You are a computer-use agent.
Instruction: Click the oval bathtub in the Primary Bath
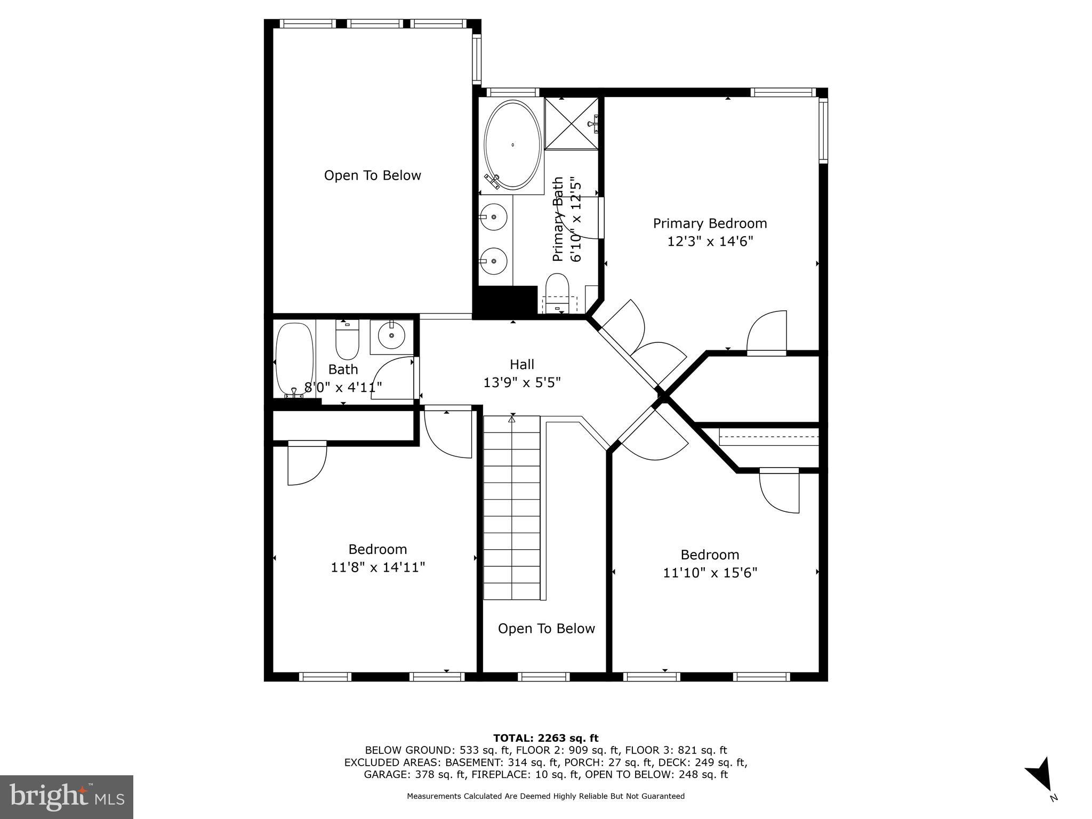click(x=512, y=144)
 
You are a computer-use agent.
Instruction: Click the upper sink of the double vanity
click(x=494, y=217)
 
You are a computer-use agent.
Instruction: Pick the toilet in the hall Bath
click(x=347, y=341)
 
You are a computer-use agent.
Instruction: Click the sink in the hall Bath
click(x=391, y=335)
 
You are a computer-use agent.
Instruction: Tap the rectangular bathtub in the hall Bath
click(x=294, y=358)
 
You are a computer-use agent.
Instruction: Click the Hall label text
click(x=521, y=364)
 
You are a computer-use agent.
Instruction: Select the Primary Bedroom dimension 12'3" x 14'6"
click(x=710, y=242)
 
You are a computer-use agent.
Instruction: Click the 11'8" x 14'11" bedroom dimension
click(x=378, y=567)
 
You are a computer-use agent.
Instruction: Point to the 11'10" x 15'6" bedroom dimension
click(x=710, y=573)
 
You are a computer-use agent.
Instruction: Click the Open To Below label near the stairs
click(x=546, y=629)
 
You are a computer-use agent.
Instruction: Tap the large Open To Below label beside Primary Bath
click(x=372, y=175)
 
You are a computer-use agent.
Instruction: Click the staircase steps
click(x=511, y=507)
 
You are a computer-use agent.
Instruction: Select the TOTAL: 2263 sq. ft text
click(x=545, y=738)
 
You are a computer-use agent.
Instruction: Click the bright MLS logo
click(x=67, y=797)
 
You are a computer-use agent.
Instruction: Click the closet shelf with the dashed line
click(x=768, y=437)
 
